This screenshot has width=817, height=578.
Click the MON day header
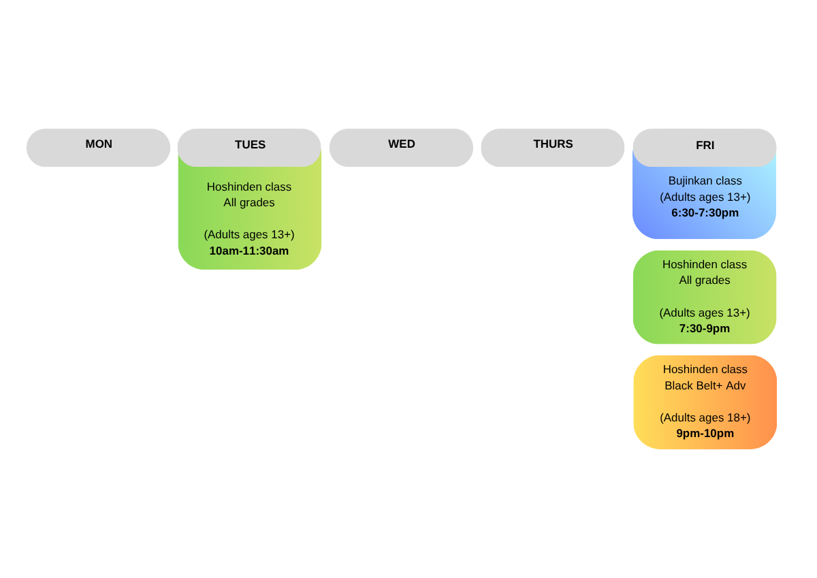pos(99,144)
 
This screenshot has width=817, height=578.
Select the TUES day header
pos(250,145)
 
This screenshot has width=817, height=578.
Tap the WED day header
pos(402,144)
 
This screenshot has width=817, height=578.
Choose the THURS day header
pos(553,144)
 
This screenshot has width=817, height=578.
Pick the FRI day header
pos(705,146)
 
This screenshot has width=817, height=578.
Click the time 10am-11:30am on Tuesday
pos(249,251)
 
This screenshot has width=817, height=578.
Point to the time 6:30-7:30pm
pos(705,213)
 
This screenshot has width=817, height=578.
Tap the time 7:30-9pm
pos(704,329)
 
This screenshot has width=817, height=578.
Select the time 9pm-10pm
pos(705,434)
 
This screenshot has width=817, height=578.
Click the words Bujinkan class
pos(705,181)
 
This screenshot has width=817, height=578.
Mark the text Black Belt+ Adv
pos(705,386)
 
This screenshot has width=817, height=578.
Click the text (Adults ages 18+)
pos(705,418)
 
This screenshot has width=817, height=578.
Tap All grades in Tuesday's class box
pos(249,203)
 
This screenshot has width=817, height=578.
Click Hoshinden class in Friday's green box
pos(704,265)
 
